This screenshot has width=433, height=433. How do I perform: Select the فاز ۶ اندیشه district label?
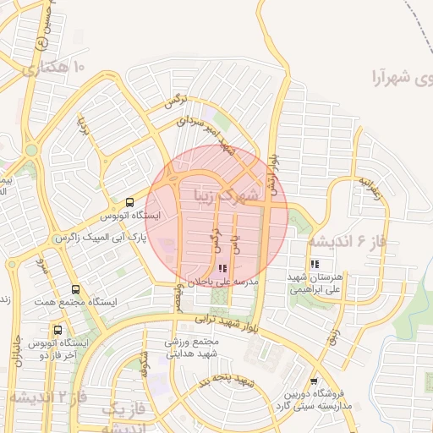coord(346,242)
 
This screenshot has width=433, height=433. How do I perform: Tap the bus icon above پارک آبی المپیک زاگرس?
coord(129,203)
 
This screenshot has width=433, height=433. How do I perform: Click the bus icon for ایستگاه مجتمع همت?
coord(76,290)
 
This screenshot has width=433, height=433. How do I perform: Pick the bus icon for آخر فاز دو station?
coord(58,331)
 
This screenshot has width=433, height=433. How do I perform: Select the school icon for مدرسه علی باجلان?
coord(223,268)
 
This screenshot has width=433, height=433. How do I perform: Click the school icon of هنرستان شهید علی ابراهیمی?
coord(315,264)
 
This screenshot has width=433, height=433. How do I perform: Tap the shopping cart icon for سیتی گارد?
coord(314,381)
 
